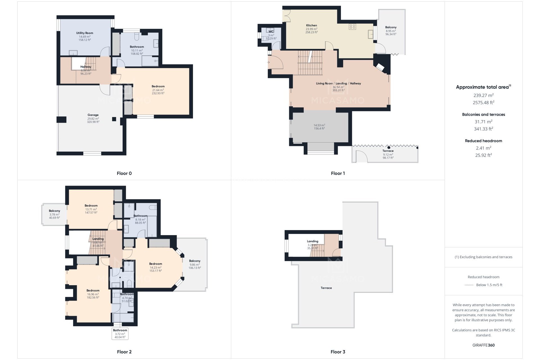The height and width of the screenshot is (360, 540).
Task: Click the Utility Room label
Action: pos(84,33)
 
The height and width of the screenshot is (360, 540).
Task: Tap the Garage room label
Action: pos(93,115)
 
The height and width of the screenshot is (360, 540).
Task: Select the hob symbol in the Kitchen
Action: pos(352,27)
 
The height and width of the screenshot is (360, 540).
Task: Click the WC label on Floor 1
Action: pos(271,31)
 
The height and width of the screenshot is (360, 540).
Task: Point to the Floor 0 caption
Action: pos(124,173)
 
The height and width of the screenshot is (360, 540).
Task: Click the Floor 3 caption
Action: pos(337,352)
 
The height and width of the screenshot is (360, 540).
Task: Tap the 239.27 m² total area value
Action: pos(483,95)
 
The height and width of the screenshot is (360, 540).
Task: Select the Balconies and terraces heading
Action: pos(483,114)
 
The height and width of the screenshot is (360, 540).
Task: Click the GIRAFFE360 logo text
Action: pos(483,345)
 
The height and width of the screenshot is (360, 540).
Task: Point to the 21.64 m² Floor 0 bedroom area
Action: pos(158,90)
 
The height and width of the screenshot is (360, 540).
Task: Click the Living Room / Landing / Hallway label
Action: pos(338,84)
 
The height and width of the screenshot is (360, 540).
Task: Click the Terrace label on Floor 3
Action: pos(326,288)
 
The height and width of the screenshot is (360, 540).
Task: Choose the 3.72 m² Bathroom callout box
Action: pos(120,334)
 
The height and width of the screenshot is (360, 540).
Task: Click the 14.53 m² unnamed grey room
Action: pos(319,127)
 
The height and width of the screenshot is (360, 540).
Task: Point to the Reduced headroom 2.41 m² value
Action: pos(483,148)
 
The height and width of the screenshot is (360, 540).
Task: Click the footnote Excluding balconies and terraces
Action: pos(483,257)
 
